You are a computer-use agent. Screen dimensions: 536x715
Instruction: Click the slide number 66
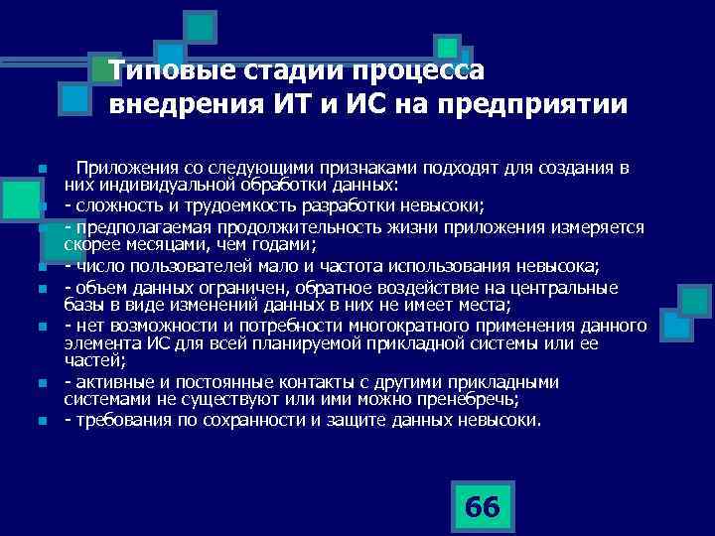[x=482, y=506]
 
